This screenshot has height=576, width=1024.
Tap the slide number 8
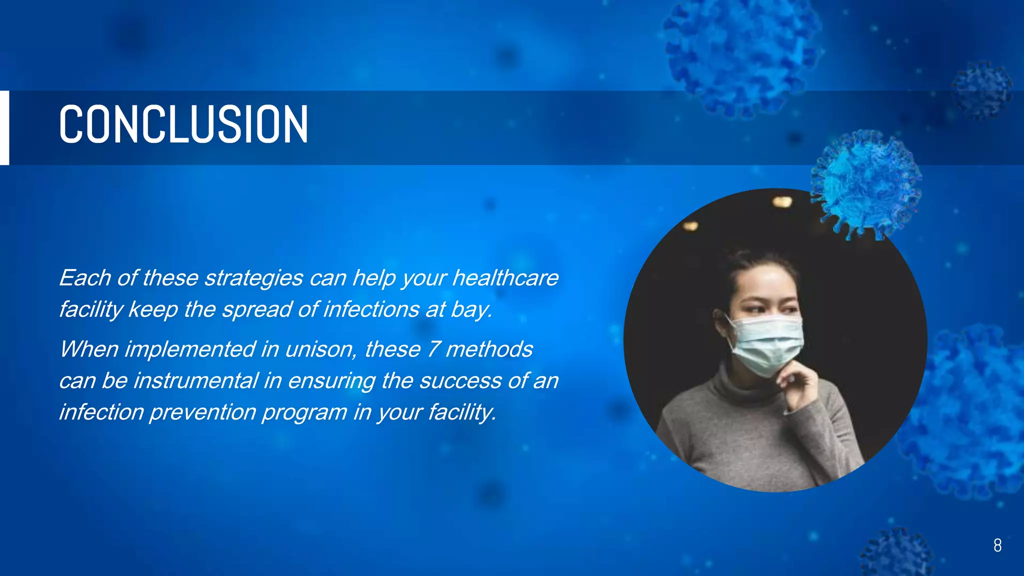point(997,545)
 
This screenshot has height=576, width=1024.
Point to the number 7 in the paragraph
point(433,349)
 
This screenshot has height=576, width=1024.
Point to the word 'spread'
point(257,310)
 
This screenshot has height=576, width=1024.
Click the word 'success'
point(460,381)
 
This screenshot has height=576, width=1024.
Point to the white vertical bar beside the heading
point(4,127)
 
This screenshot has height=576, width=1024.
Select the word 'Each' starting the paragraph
point(84,278)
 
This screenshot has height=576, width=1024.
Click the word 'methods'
point(489,349)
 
